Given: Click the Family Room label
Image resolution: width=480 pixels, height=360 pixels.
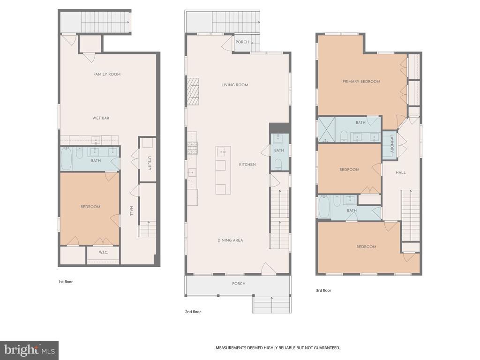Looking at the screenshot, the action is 107,74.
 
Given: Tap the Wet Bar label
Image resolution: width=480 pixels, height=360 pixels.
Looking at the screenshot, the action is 101,118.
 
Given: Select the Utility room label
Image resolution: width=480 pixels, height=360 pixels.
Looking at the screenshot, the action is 150,164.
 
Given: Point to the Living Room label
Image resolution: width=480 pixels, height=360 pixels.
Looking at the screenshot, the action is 235,85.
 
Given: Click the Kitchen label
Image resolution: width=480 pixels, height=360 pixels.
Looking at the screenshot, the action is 247,165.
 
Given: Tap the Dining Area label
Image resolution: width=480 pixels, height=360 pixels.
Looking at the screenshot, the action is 230,240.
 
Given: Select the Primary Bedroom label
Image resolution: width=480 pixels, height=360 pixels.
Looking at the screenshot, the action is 361,82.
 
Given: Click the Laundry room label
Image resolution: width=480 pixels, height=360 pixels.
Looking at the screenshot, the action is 392,144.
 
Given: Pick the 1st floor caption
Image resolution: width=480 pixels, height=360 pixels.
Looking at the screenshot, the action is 66,282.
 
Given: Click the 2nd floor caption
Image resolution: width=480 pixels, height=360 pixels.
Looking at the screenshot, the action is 193,312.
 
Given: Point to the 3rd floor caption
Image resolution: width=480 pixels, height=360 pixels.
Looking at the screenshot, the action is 323,290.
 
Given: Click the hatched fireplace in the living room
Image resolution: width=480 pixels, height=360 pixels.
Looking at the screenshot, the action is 193,92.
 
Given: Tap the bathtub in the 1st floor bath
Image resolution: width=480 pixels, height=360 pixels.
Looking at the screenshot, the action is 66,159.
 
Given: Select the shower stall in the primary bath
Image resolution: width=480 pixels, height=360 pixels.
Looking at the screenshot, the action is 326,129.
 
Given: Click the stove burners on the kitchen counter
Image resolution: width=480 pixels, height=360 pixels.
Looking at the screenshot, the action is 193,148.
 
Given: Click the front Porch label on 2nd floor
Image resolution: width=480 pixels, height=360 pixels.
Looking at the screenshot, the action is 239,284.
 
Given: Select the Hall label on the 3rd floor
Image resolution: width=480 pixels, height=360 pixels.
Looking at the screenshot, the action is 400,172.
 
